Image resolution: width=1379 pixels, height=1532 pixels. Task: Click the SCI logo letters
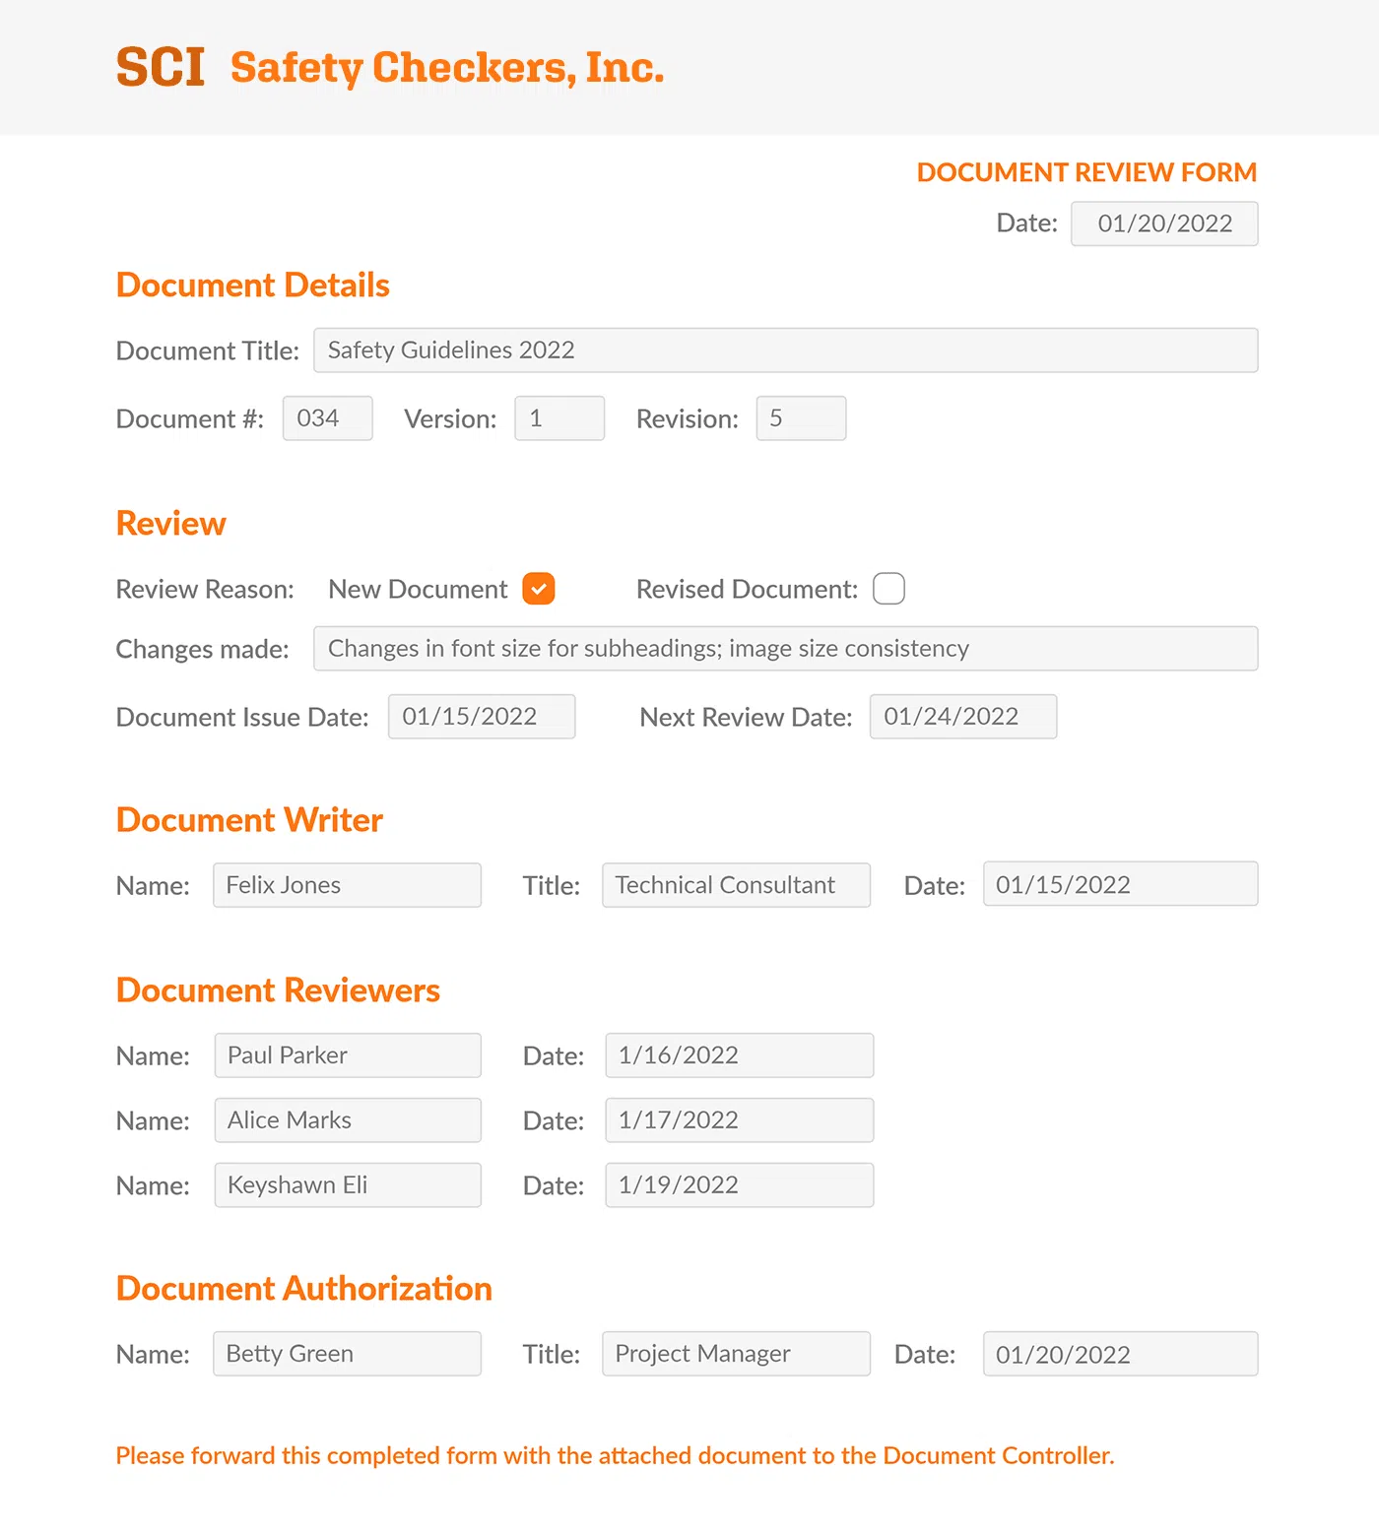tap(161, 67)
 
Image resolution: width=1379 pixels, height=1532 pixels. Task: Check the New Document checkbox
tap(539, 589)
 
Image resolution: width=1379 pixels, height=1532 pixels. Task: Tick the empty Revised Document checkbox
tap(888, 589)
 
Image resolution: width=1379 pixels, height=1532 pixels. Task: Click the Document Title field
tap(785, 351)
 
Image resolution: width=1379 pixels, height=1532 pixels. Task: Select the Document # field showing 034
tap(327, 418)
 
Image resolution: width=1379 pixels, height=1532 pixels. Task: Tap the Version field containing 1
tap(558, 418)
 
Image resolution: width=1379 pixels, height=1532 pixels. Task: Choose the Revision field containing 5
tap(801, 418)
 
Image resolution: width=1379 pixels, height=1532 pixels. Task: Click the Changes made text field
tap(785, 649)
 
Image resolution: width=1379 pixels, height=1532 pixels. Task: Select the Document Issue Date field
tap(481, 717)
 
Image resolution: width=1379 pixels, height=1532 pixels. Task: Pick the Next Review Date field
tap(962, 717)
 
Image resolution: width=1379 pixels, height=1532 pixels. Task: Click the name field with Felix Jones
tap(347, 885)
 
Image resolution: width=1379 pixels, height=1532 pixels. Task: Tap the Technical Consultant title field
tap(736, 885)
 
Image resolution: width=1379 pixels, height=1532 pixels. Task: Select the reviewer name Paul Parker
tap(347, 1055)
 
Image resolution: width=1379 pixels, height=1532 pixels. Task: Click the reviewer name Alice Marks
tap(347, 1120)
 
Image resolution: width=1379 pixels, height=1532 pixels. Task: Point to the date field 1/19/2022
tap(739, 1185)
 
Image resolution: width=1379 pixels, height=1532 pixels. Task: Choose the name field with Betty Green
tap(347, 1354)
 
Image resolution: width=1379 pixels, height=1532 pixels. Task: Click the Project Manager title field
tap(736, 1354)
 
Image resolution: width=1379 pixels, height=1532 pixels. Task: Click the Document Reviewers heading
tap(278, 990)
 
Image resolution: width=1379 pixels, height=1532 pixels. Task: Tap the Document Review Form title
tap(1086, 172)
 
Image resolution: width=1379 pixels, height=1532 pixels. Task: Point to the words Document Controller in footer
tap(998, 1455)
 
